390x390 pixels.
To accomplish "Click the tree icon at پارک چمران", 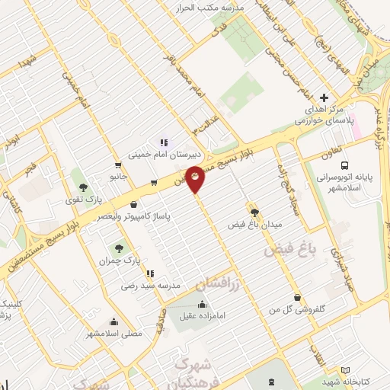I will tap(117, 248).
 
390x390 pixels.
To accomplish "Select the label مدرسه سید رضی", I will tap(149, 286).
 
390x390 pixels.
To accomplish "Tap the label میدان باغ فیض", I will tap(255, 225).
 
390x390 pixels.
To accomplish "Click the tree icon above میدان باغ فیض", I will tap(254, 213).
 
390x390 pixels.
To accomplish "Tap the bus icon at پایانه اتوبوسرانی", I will tap(345, 165).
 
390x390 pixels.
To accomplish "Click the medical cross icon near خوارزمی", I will tap(324, 97).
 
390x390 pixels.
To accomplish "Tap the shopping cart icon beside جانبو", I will tap(117, 165).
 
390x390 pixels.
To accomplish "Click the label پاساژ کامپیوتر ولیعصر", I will tap(134, 216).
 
